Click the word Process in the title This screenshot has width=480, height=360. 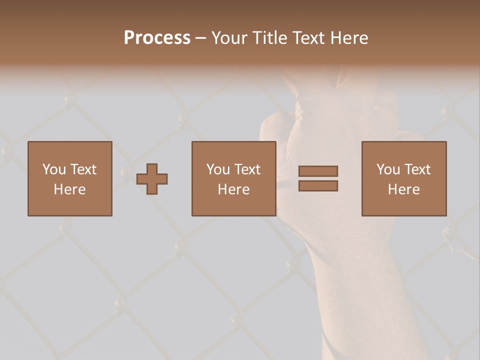pos(157,38)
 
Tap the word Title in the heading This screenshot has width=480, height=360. pos(270,38)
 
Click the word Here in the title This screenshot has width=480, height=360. pos(350,38)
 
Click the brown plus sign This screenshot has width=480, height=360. pos(152,179)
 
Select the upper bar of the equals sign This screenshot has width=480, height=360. pos(318,171)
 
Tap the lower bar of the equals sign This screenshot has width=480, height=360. pos(318,186)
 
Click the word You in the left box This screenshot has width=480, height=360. pos(54,169)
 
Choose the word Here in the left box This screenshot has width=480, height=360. pos(69,189)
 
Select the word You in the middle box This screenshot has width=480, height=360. pos(218,169)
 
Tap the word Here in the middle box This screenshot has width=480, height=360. pos(233,189)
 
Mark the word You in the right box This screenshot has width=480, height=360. pos(388,169)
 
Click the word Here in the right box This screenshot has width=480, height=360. pos(403,189)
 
